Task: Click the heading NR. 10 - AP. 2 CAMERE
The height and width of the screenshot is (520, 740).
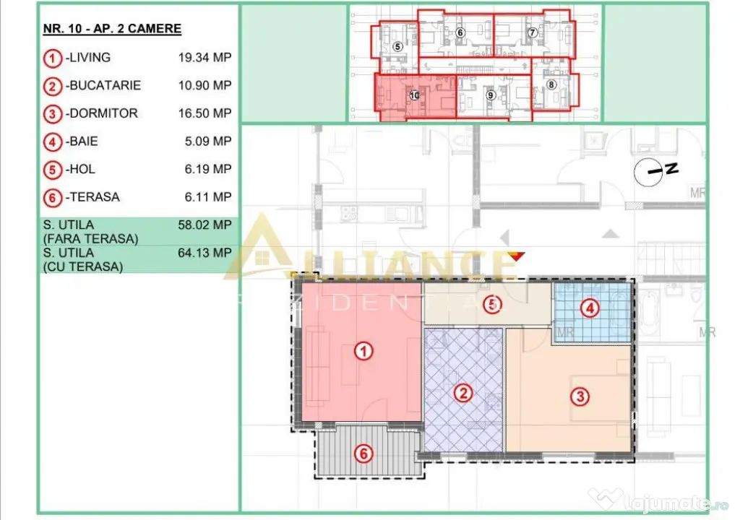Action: pyautogui.click(x=112, y=29)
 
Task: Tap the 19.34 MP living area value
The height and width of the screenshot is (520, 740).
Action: pyautogui.click(x=205, y=58)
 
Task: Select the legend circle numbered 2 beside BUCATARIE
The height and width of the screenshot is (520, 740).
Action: pyautogui.click(x=52, y=87)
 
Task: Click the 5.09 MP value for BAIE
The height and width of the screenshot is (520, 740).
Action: pyautogui.click(x=208, y=141)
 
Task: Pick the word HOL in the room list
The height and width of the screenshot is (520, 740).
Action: pyautogui.click(x=82, y=169)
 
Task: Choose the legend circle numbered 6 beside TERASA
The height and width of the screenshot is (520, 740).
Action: pyautogui.click(x=52, y=198)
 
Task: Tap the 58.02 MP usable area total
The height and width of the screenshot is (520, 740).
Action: pyautogui.click(x=205, y=225)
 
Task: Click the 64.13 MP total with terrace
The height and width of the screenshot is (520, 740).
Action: pyautogui.click(x=205, y=253)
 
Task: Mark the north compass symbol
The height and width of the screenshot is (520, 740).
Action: pyautogui.click(x=655, y=172)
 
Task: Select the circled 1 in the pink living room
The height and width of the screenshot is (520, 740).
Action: pyautogui.click(x=363, y=351)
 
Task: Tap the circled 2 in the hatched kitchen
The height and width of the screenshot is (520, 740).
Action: pyautogui.click(x=463, y=393)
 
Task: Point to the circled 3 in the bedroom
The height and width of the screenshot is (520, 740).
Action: pyautogui.click(x=580, y=396)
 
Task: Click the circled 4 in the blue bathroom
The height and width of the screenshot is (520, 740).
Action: pyautogui.click(x=590, y=308)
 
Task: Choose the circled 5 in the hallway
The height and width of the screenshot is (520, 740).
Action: pyautogui.click(x=493, y=304)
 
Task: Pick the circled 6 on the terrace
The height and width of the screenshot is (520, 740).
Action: pyautogui.click(x=363, y=454)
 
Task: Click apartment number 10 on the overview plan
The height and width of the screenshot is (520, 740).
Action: pyautogui.click(x=414, y=96)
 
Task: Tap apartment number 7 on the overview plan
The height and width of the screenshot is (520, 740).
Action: pyautogui.click(x=533, y=32)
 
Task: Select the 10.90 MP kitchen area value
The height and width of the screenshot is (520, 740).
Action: pyautogui.click(x=205, y=85)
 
